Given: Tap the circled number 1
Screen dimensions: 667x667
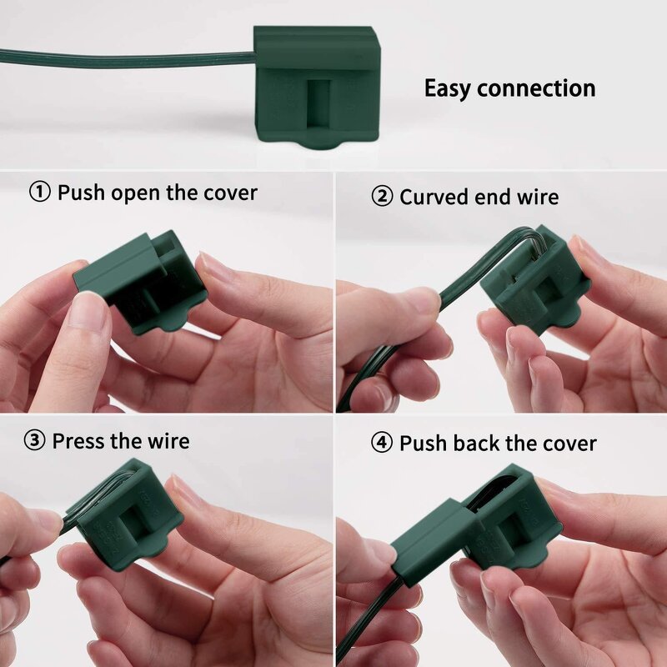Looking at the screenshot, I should [40, 193].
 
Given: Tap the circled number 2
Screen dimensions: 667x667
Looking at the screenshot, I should [381, 198].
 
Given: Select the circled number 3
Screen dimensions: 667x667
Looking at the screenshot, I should [34, 441].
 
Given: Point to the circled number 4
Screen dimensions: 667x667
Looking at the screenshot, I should [381, 444].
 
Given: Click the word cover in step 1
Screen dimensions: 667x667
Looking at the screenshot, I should [230, 193].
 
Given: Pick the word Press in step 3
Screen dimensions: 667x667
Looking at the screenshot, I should [78, 441].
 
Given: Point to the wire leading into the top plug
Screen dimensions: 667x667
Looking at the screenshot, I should [125, 58].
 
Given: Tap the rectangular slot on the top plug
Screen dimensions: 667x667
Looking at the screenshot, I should [318, 105].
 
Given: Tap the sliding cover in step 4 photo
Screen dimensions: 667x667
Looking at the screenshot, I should [434, 534].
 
